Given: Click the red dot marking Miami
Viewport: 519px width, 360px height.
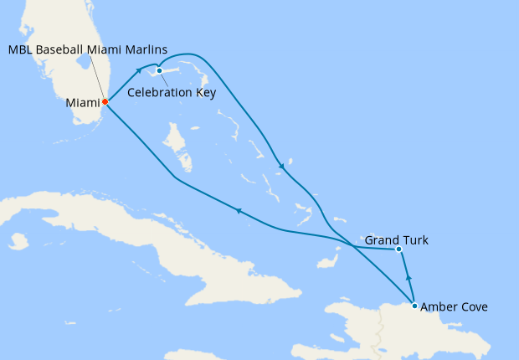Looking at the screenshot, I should point(105,102).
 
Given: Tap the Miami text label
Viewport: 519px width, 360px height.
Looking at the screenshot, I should point(82,104).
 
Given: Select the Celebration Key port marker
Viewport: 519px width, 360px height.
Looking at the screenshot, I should point(158,70).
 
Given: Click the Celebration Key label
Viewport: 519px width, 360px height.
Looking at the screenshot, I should point(172,92).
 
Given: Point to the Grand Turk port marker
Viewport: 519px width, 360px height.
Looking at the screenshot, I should point(398,249).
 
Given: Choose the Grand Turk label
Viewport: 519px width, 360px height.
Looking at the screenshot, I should point(397,240).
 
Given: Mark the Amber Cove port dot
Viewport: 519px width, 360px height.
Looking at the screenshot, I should point(415,306).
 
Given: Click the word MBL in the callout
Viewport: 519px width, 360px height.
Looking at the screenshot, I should point(21,49).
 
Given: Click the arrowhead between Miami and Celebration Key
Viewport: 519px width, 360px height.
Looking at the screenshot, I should point(138,71).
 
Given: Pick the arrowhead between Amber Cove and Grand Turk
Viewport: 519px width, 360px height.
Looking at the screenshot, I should point(409,276).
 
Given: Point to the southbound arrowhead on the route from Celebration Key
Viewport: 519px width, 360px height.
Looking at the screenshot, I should point(282,166).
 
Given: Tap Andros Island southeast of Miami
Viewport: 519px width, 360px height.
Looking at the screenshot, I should point(175,147).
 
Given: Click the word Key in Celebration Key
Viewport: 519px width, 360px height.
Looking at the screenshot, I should point(205,92).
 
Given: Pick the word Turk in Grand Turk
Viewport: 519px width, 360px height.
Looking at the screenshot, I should point(416,240).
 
